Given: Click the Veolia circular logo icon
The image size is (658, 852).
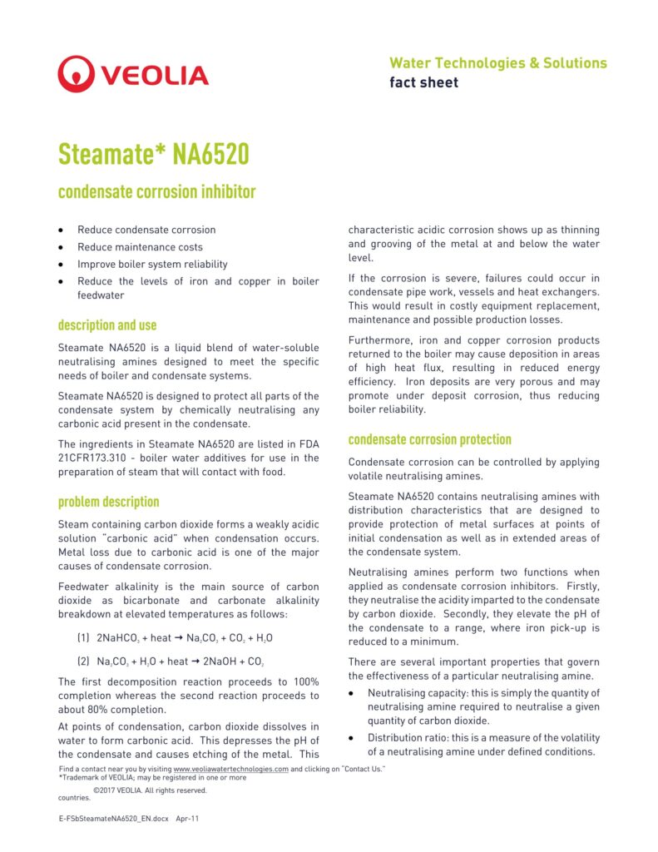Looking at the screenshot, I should (77, 74).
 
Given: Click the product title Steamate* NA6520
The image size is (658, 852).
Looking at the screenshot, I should (154, 154).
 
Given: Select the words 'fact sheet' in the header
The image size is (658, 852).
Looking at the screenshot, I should (423, 82).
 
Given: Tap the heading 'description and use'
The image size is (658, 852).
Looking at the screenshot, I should (107, 325).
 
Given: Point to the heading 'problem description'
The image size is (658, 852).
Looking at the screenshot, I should (108, 502).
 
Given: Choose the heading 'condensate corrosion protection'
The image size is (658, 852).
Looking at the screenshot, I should (430, 439).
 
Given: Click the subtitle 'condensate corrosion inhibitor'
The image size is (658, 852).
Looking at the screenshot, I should (156, 193).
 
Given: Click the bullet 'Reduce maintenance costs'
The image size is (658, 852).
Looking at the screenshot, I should (140, 247).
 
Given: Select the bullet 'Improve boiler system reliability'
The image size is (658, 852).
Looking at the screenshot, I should (152, 265).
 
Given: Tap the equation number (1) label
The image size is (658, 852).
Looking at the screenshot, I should (83, 638).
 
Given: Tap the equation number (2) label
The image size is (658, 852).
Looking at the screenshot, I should (83, 661).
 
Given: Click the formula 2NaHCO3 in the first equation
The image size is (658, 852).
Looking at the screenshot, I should (117, 638).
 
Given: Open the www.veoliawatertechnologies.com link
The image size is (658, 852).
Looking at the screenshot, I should (230, 770).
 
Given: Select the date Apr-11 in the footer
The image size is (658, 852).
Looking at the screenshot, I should (187, 819).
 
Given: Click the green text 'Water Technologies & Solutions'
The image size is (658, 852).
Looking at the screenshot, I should (497, 63).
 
